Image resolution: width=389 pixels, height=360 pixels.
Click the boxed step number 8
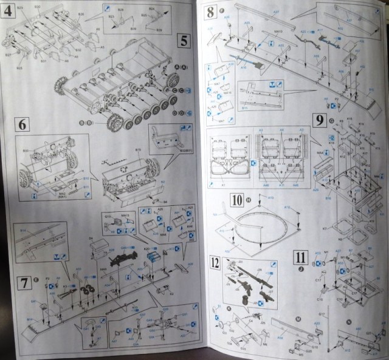[211, 11]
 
